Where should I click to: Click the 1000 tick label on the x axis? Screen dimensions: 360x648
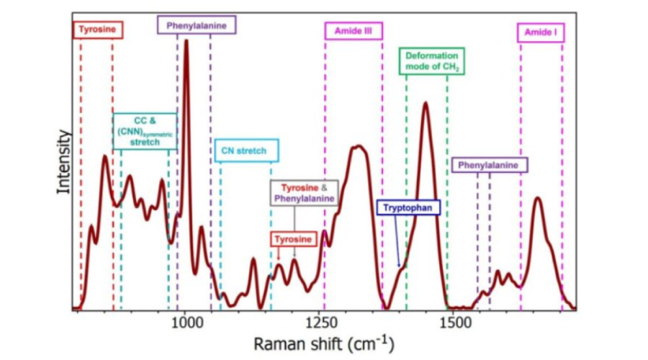186,321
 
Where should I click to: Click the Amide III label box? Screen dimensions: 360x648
353,32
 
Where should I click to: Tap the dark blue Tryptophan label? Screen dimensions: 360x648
408,207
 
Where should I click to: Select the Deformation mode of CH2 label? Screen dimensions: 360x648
432,61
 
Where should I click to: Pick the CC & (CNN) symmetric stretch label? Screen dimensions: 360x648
145,130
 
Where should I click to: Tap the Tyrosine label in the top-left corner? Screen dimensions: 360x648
99,30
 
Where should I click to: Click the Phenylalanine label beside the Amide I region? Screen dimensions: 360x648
490,166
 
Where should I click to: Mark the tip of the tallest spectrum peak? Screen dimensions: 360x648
186,41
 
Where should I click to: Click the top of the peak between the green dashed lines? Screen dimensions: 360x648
426,104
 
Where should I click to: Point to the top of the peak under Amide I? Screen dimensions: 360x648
537,198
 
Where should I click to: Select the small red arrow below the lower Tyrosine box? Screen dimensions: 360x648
279,253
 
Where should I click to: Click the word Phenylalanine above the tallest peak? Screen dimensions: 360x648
197,26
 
